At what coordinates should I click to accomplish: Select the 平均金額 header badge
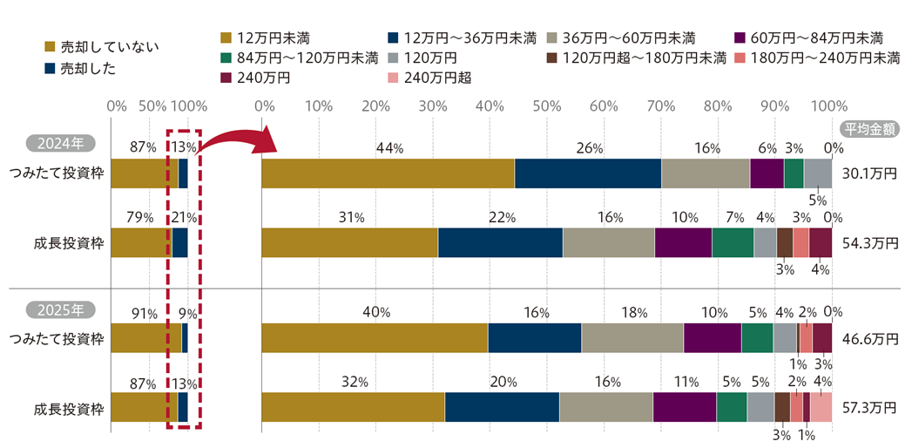pos(870,128)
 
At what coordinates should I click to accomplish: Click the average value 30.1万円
pos(872,173)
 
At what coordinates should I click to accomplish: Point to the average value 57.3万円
pos(872,407)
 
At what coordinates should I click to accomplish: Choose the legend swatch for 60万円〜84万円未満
pos(741,38)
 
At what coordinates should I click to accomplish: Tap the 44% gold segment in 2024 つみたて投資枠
pos(388,173)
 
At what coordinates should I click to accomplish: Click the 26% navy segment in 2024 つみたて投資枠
pos(588,173)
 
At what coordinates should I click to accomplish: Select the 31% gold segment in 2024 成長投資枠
pos(349,242)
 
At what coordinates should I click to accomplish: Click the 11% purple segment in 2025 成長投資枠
pos(685,407)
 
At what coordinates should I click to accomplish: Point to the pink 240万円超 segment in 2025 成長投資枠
pos(821,407)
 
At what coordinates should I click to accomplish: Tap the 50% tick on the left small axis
pos(153,107)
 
